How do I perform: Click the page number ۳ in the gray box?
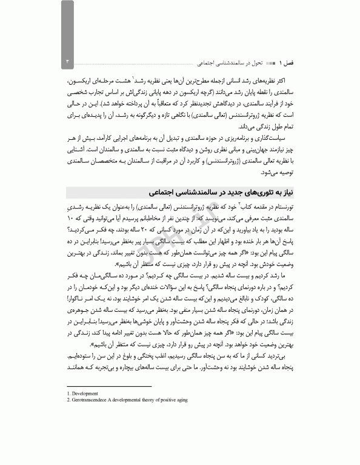click(68, 62)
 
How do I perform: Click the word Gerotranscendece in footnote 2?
click(90, 400)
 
